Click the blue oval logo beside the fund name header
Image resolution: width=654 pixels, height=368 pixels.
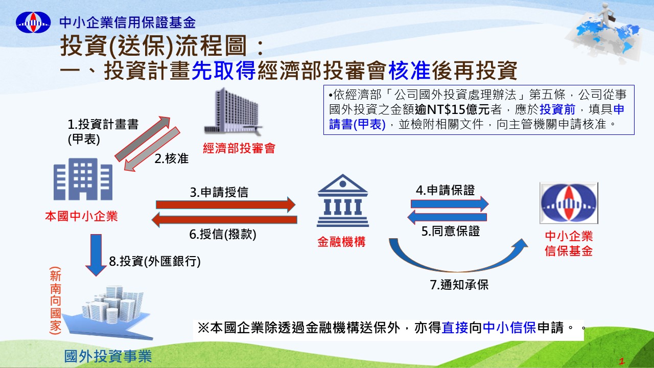click(x=33, y=22)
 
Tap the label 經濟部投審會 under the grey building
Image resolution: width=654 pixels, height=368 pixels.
click(x=239, y=148)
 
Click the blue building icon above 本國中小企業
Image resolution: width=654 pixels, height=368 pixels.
click(x=83, y=179)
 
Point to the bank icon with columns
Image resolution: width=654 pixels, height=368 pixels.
click(x=343, y=201)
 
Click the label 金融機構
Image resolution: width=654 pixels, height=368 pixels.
click(x=341, y=242)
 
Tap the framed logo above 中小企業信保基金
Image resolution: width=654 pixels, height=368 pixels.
click(x=569, y=203)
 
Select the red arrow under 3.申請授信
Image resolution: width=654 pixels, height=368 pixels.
click(x=226, y=204)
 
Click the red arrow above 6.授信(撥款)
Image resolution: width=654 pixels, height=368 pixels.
click(x=224, y=220)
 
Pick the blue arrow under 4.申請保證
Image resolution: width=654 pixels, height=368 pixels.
click(x=450, y=203)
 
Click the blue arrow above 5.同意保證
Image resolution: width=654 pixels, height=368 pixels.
click(x=447, y=217)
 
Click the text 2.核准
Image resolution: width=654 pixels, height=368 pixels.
click(x=171, y=158)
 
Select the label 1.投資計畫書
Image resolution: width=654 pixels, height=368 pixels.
click(x=103, y=124)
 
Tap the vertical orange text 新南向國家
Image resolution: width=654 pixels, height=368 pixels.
click(x=56, y=301)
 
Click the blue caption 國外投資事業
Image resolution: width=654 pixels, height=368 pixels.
click(x=108, y=356)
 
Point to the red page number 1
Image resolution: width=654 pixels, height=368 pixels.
click(x=622, y=361)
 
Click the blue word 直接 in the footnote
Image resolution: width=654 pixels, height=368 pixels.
click(x=455, y=328)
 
